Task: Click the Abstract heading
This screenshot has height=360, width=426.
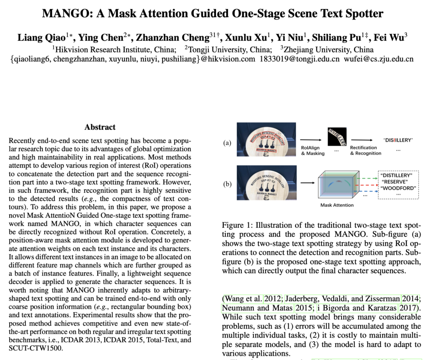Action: click(100, 127)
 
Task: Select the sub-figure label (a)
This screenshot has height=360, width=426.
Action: click(227, 143)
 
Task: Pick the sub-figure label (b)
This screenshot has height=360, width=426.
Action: click(227, 184)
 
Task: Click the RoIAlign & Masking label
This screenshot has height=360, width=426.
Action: click(313, 150)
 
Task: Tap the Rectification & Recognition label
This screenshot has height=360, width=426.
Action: click(365, 150)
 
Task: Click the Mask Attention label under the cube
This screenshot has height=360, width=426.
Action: click(337, 205)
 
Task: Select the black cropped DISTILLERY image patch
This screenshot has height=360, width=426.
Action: click(337, 137)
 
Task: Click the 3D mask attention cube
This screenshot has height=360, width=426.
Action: click(339, 185)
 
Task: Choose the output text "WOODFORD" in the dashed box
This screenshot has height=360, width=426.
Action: click(398, 188)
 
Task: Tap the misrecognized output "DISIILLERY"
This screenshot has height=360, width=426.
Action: click(398, 140)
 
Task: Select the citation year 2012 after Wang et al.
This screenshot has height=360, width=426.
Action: click(272, 298)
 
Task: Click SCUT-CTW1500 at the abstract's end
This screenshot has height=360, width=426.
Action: click(35, 348)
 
